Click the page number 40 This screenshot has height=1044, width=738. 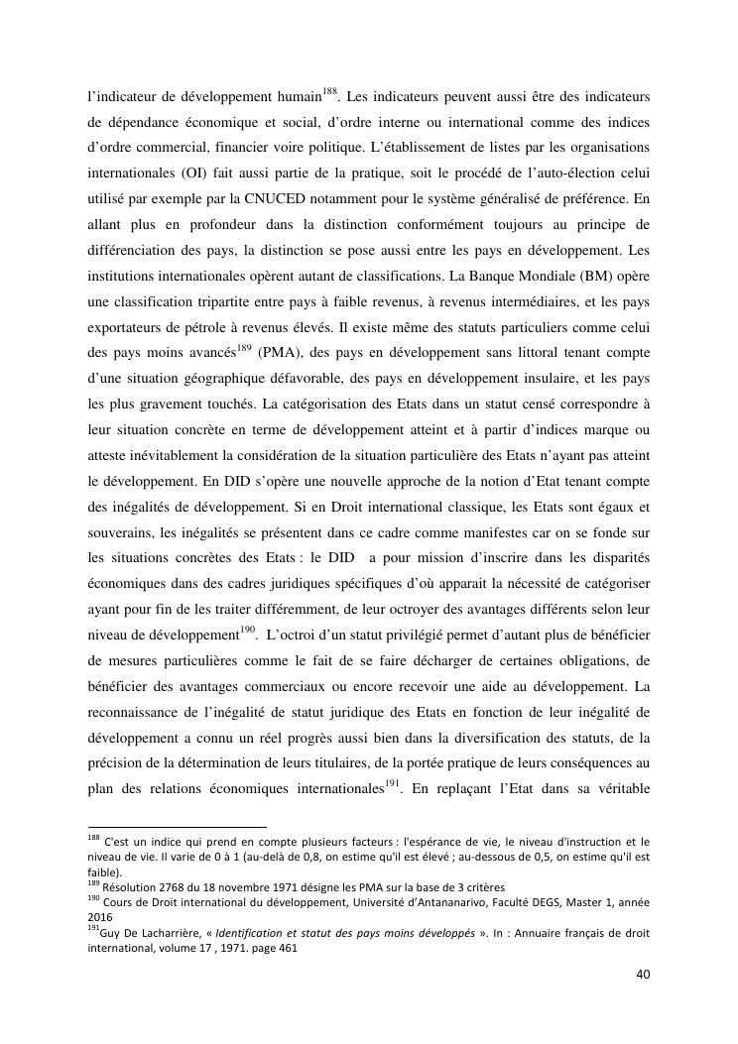click(643, 974)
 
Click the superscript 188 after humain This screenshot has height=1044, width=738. click(330, 92)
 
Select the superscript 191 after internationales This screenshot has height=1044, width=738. click(393, 782)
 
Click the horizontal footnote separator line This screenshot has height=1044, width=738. click(178, 826)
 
